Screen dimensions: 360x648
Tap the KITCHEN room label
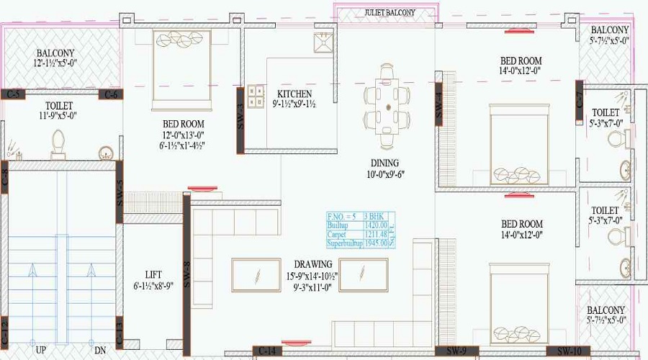[x=295, y=94]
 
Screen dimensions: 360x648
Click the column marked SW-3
[x=240, y=120]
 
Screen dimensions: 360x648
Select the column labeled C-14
[x=266, y=351]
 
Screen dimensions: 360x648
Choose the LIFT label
[x=153, y=275]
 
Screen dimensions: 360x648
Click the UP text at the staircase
[x=42, y=351]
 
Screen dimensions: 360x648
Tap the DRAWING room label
[x=312, y=264]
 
